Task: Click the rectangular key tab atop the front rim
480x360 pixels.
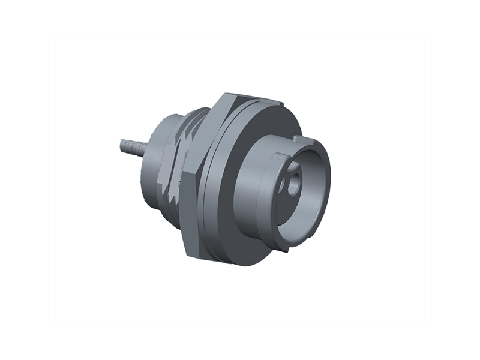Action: (302, 143)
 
